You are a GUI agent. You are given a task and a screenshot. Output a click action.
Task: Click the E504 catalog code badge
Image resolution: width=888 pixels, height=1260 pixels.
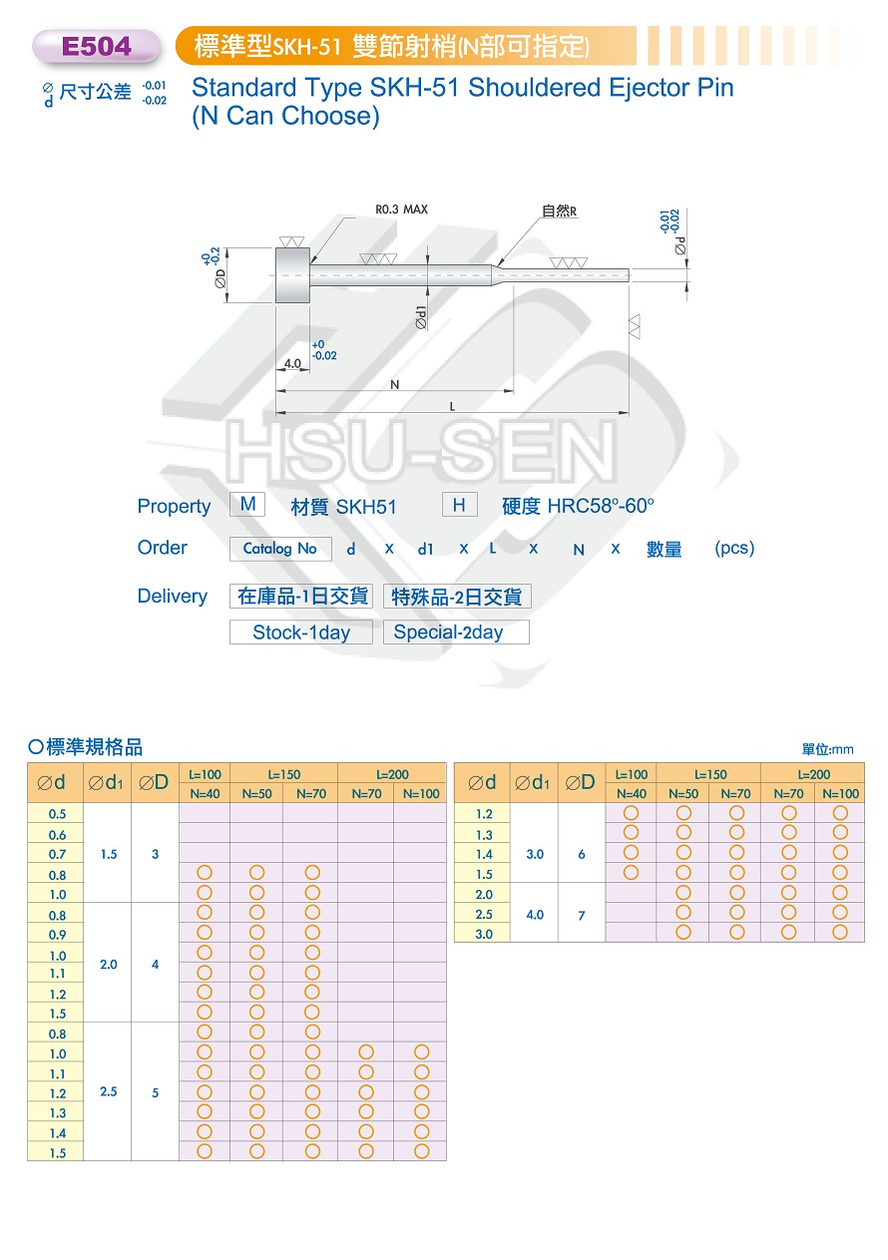click(x=96, y=46)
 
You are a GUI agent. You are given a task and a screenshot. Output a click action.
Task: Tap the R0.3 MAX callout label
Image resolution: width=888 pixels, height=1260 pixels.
click(x=401, y=210)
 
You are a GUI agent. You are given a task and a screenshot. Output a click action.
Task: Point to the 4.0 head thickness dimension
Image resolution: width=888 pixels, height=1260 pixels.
click(x=292, y=363)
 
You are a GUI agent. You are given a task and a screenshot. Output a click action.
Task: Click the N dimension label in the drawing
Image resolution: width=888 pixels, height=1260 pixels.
click(x=394, y=385)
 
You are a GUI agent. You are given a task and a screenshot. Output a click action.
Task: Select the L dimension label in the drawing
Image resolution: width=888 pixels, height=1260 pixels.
click(x=452, y=406)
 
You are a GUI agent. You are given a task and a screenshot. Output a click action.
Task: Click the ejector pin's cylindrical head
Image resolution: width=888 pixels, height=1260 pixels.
click(x=292, y=275)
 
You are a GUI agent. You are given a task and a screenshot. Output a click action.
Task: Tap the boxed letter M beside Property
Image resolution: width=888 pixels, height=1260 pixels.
click(x=247, y=504)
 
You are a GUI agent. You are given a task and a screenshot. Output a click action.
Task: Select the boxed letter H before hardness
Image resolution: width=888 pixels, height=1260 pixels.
click(x=459, y=505)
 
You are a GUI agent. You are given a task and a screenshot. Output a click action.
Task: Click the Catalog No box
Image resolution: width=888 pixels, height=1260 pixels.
click(x=280, y=549)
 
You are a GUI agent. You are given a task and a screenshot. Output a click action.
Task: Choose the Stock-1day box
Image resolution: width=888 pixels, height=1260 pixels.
click(x=301, y=632)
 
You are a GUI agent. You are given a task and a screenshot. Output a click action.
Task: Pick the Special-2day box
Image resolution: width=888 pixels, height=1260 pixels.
click(x=456, y=632)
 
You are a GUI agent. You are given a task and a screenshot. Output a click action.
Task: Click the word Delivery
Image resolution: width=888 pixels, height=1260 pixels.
click(x=173, y=597)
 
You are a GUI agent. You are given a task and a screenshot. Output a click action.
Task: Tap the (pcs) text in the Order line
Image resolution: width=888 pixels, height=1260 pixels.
click(x=734, y=548)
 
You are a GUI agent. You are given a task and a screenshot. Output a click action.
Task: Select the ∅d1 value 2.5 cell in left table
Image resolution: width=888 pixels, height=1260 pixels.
click(x=108, y=1091)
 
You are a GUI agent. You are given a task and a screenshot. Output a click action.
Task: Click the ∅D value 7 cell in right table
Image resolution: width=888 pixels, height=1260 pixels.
click(x=582, y=916)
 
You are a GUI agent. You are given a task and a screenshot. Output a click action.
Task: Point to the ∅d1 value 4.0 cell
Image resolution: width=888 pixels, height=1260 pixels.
click(x=535, y=915)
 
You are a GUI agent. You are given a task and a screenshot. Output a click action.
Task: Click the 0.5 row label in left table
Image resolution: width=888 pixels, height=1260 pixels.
click(x=57, y=814)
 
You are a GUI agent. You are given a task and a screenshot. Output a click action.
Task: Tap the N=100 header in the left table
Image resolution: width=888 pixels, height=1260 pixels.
click(x=421, y=794)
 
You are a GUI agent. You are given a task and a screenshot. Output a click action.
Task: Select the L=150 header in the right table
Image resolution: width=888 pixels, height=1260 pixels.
click(x=709, y=774)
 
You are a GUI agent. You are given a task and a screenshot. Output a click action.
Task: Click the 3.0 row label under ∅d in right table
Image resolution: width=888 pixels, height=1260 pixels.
click(x=483, y=935)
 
